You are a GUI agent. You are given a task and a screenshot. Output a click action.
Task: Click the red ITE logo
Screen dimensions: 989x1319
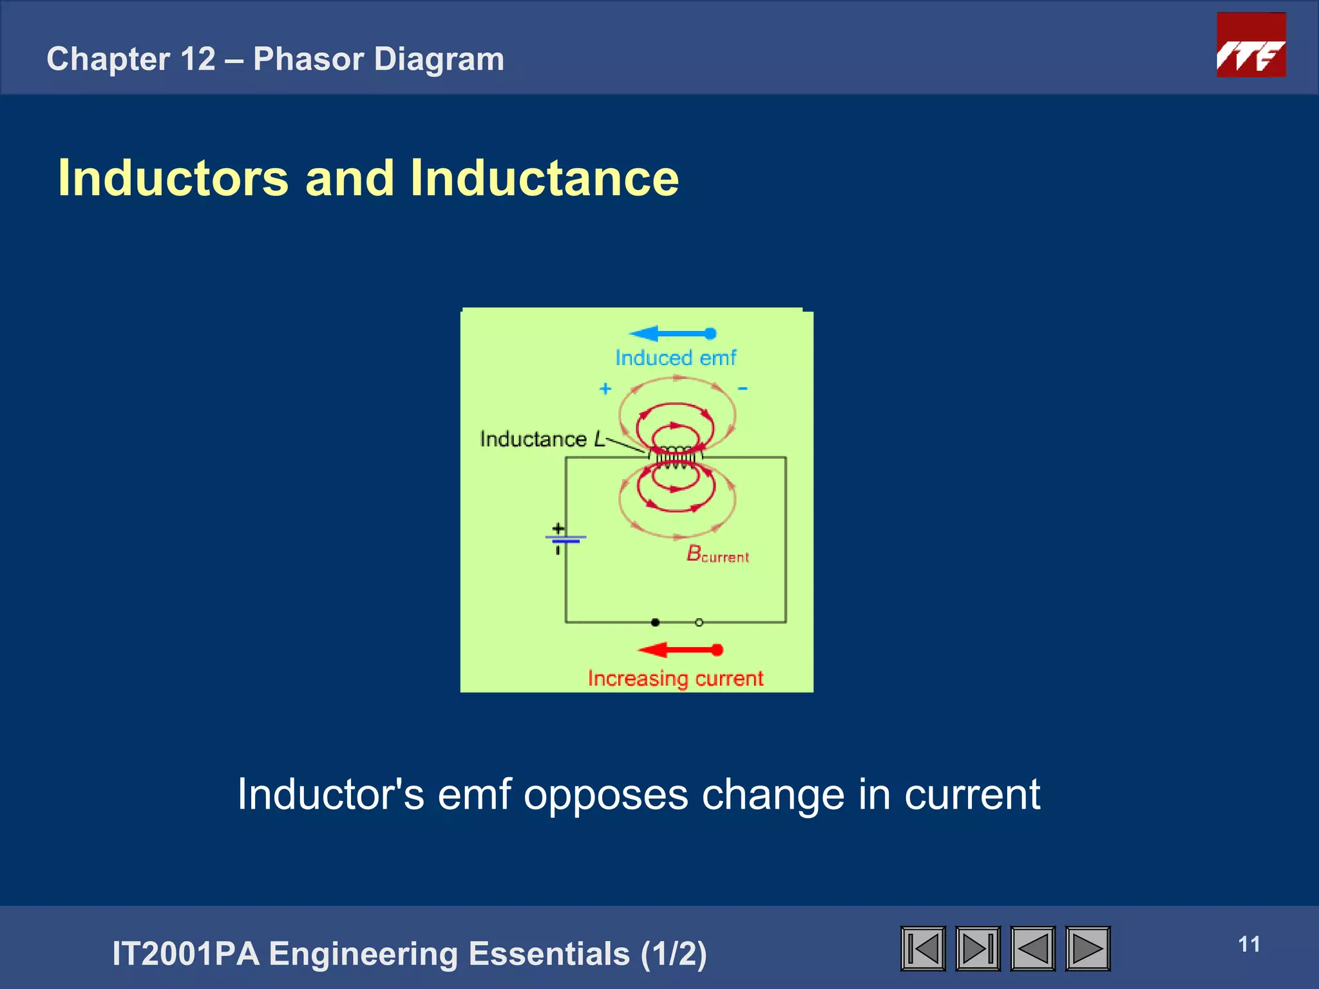click(x=1251, y=45)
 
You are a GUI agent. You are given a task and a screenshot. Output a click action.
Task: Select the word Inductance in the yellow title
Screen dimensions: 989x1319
click(x=544, y=178)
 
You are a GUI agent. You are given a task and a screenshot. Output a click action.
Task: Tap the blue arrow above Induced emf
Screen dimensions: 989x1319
click(x=672, y=334)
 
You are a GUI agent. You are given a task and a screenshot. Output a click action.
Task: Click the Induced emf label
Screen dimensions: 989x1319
click(x=675, y=358)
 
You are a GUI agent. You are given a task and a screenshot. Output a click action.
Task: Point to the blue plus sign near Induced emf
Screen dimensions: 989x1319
click(x=605, y=389)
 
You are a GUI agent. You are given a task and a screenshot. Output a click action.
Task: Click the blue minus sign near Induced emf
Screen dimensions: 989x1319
click(x=743, y=389)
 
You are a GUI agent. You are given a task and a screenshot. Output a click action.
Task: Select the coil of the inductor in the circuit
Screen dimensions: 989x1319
click(x=675, y=457)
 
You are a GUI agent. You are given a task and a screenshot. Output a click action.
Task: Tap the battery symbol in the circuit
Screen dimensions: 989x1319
click(x=564, y=538)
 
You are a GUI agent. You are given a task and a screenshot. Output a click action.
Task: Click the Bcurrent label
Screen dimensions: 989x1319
click(x=717, y=554)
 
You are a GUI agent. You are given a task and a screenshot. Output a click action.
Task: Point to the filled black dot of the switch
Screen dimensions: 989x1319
click(x=655, y=622)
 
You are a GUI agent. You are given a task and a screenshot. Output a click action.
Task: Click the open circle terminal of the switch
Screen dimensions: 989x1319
click(x=699, y=622)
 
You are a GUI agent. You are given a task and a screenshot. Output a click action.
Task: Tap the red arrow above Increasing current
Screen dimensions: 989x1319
click(x=680, y=650)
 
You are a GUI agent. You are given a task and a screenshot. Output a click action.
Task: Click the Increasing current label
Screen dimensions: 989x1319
click(x=675, y=679)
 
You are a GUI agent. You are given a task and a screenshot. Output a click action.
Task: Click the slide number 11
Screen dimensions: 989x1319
click(x=1249, y=945)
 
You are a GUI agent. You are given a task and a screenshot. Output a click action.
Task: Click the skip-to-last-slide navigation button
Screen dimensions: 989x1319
click(x=978, y=948)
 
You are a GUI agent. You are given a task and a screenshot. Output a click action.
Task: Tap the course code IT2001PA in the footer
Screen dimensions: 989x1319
click(x=185, y=954)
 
